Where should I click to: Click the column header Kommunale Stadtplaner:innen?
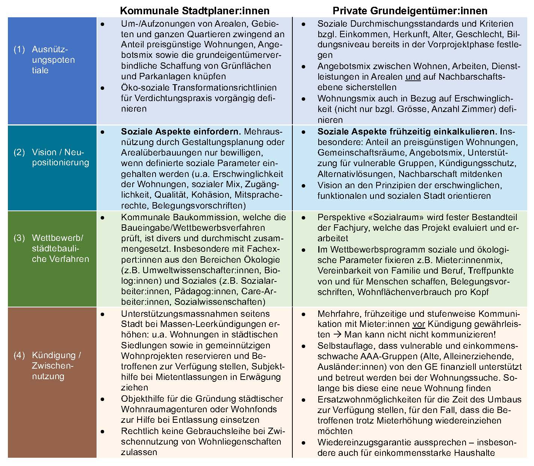coord(195,11)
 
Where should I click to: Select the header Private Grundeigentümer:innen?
coord(410,11)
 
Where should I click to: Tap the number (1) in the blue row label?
coord(19,49)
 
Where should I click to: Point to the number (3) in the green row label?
coord(19,238)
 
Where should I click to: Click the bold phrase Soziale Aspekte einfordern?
coord(181,132)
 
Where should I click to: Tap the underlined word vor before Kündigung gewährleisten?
coord(418,324)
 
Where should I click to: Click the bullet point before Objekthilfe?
coord(102,399)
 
